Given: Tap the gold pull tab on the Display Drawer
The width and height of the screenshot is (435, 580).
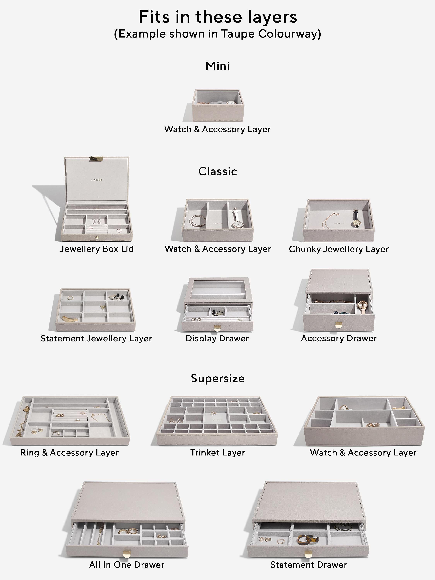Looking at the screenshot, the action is pos(217,328).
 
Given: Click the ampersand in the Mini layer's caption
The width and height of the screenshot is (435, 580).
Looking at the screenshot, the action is pos(197,129).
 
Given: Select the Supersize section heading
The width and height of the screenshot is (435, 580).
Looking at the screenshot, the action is pos(218,378).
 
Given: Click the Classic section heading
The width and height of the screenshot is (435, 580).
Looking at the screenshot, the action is pos(218,171).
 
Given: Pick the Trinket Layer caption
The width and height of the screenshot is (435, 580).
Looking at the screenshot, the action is pos(218,453).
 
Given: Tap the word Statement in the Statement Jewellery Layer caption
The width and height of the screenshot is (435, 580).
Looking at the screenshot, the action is pos(62,339).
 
